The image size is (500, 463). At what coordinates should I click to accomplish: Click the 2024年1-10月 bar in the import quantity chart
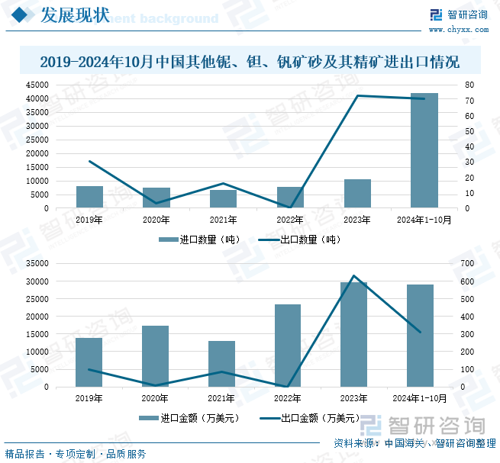(x=424, y=150)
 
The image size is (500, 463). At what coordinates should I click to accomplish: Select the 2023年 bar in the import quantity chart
(x=357, y=194)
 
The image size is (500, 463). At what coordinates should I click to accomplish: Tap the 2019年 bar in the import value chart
(x=89, y=362)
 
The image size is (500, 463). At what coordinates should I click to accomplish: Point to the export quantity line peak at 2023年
(x=357, y=95)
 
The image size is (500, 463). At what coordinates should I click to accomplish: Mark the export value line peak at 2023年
(x=353, y=275)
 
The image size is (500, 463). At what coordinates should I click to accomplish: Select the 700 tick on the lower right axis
(x=468, y=263)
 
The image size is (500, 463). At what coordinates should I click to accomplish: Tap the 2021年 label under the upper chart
(x=223, y=220)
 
